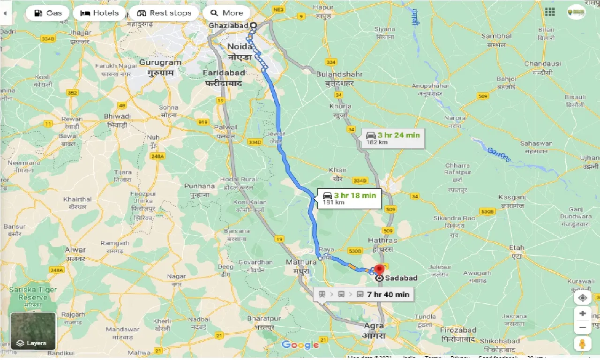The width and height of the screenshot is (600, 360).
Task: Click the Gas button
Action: [47, 13]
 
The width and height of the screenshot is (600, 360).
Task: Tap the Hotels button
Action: [99, 13]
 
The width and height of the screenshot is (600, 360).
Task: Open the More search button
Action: [227, 13]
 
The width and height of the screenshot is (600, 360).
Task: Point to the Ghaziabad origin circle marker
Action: [254, 25]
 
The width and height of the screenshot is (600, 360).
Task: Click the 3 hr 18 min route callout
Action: [350, 198]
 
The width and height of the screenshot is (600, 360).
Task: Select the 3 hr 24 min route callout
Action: [393, 138]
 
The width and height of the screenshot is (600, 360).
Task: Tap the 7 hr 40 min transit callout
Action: [364, 294]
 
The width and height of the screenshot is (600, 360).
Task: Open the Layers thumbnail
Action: [34, 331]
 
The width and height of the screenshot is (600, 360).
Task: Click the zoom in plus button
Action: [583, 314]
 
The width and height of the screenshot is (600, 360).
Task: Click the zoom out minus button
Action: [583, 327]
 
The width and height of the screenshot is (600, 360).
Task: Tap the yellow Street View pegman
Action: [583, 344]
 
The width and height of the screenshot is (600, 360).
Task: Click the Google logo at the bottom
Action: [300, 345]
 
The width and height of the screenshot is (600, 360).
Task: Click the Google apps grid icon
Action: [550, 12]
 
